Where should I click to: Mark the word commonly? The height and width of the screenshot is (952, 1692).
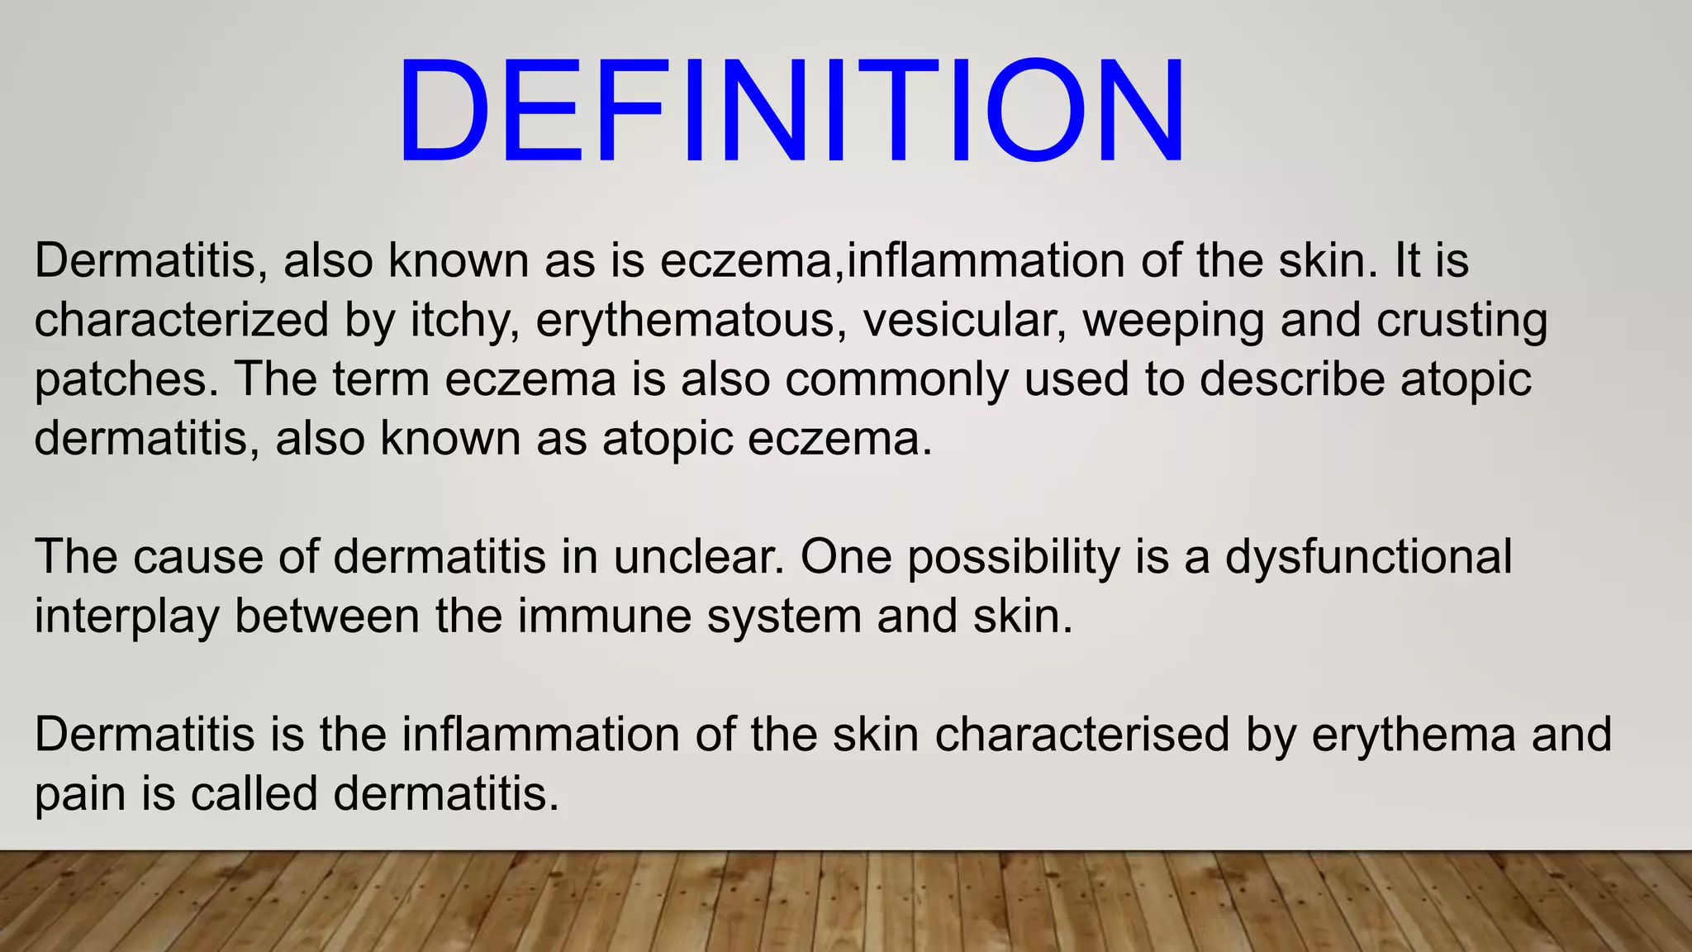pyautogui.click(x=896, y=380)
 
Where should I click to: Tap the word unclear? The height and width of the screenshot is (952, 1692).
pyautogui.click(x=698, y=556)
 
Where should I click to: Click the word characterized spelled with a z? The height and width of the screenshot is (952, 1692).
pyautogui.click(x=181, y=320)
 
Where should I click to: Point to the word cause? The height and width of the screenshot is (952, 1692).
pyautogui.click(x=197, y=557)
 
